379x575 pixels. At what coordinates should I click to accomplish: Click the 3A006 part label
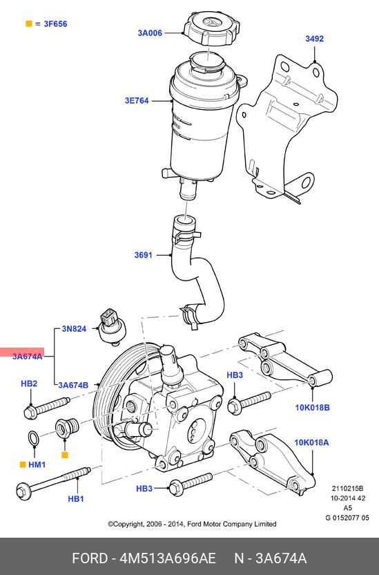150,33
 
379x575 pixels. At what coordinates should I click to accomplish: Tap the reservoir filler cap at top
212,28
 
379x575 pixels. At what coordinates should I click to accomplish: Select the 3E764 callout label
137,100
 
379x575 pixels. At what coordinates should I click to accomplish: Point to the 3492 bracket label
315,39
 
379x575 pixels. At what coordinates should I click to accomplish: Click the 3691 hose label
143,255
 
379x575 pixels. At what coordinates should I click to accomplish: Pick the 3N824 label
74,328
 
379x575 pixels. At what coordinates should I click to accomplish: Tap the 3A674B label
73,385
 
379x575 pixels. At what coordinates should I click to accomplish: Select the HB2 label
29,384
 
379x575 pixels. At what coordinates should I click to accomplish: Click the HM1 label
37,464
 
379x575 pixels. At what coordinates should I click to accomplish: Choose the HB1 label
76,499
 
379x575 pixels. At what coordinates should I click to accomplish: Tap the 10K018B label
312,408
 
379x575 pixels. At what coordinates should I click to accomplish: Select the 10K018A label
311,442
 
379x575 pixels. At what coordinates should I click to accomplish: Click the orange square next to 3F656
28,23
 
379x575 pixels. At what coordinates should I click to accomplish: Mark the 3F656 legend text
56,23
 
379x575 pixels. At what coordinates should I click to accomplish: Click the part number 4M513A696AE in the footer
168,558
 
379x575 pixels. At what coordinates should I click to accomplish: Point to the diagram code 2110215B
347,489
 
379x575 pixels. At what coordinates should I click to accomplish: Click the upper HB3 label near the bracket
235,375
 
